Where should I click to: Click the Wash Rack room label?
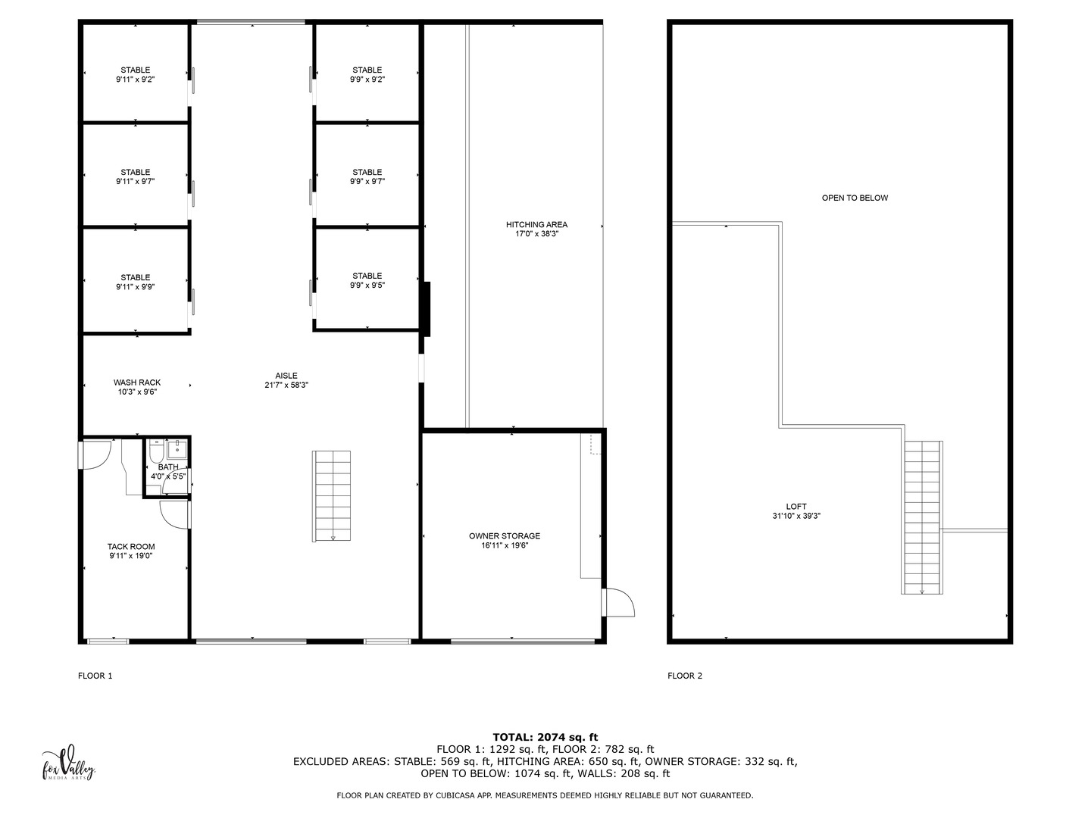click(x=137, y=383)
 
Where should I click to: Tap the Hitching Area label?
click(x=536, y=225)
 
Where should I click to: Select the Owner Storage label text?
click(x=504, y=536)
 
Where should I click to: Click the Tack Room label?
click(x=131, y=547)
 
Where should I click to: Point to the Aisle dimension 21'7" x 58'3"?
click(x=286, y=386)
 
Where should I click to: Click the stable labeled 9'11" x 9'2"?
click(x=136, y=74)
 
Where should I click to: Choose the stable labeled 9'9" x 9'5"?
click(x=367, y=280)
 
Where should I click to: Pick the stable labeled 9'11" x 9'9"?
click(x=136, y=282)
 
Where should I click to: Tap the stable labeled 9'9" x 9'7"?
click(x=367, y=176)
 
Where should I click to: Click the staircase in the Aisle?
click(x=332, y=496)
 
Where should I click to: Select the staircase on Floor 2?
click(x=922, y=517)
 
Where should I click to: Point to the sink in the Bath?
click(x=177, y=446)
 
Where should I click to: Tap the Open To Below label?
click(x=855, y=198)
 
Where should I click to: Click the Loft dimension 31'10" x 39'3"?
click(x=796, y=517)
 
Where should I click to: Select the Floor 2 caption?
click(x=684, y=676)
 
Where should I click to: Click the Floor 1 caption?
click(x=95, y=676)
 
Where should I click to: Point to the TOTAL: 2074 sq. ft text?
click(x=545, y=737)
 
